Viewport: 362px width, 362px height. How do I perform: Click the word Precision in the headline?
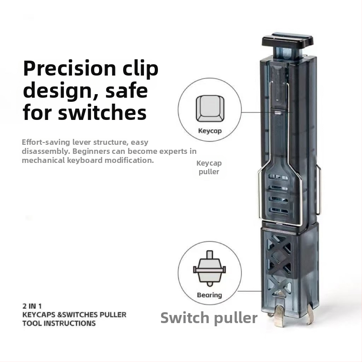(70, 69)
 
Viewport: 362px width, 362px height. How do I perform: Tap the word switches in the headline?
(102, 112)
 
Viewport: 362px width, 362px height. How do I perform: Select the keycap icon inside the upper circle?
(210, 109)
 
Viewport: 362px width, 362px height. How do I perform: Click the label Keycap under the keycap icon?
(210, 131)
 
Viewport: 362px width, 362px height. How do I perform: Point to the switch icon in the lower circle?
(210, 268)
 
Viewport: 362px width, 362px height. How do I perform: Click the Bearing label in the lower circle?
(210, 295)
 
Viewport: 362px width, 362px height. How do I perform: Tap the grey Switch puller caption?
(209, 318)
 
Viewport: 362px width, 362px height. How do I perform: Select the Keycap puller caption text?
(209, 167)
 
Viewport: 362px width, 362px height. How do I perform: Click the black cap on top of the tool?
(288, 40)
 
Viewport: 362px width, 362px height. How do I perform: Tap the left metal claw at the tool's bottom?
(280, 316)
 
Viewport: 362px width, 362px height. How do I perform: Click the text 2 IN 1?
(32, 306)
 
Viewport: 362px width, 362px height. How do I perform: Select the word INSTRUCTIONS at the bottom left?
(70, 323)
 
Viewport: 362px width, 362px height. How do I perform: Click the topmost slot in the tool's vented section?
(278, 177)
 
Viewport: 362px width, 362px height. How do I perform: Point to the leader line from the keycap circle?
(267, 112)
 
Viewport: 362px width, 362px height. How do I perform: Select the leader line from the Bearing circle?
(250, 291)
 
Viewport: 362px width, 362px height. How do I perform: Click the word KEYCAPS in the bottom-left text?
(39, 314)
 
